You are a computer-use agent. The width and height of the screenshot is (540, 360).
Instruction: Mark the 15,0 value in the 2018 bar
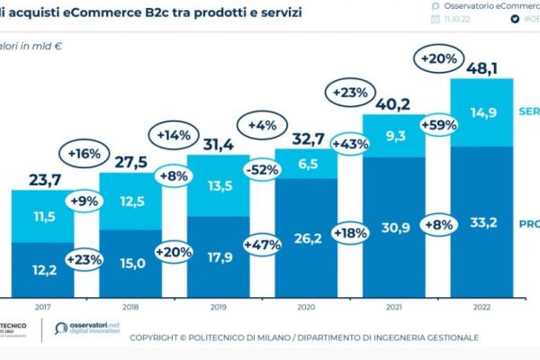pos(130,263)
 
